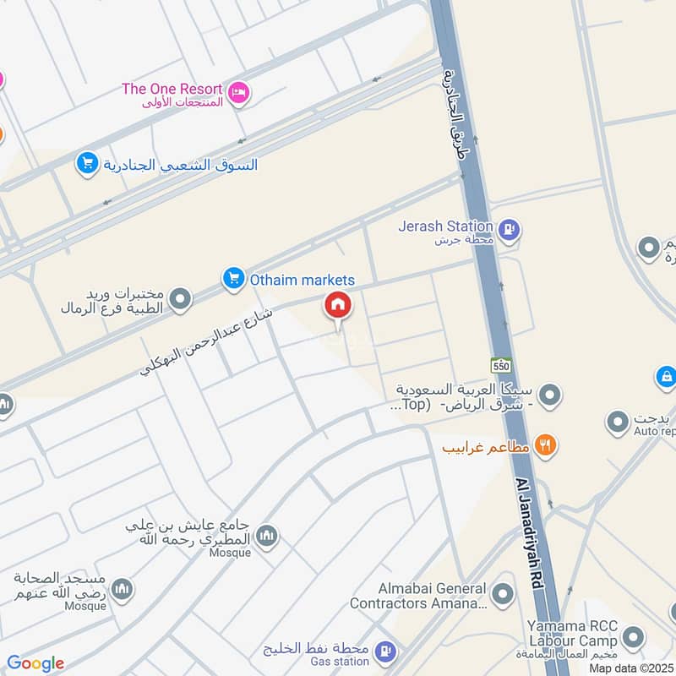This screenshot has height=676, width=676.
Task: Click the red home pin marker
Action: pyautogui.click(x=338, y=306)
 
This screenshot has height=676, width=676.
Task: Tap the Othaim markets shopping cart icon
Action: pyautogui.click(x=233, y=278)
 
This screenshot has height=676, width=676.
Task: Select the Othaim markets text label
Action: pyautogui.click(x=302, y=280)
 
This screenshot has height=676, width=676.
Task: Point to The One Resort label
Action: pyautogui.click(x=172, y=89)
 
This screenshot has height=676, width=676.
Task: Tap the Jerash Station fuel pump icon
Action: pyautogui.click(x=509, y=227)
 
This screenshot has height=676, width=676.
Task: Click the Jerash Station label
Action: pyautogui.click(x=447, y=226)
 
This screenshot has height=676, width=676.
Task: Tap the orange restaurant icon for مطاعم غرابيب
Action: pyautogui.click(x=546, y=444)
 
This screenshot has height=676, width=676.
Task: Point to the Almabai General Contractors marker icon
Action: pyautogui.click(x=503, y=595)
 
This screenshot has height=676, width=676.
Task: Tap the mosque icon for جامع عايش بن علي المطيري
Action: pyautogui.click(x=267, y=536)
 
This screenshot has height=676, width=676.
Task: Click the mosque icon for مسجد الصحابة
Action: pyautogui.click(x=122, y=589)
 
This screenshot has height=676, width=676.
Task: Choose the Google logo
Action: pyautogui.click(x=35, y=663)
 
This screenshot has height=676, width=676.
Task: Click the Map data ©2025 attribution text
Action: pyautogui.click(x=630, y=668)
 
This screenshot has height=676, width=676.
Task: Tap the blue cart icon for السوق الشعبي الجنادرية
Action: pyautogui.click(x=87, y=164)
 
